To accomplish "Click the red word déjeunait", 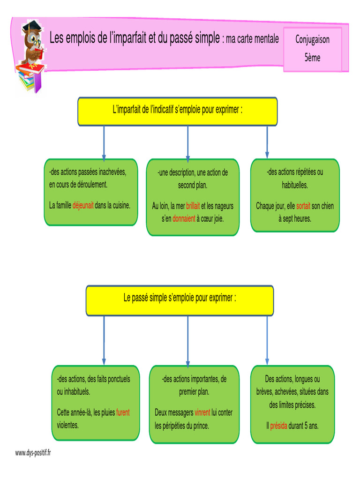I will (83, 205).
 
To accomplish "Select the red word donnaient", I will (184, 218).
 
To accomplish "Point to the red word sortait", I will (303, 206).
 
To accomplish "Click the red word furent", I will (123, 412).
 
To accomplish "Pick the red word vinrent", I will (202, 412).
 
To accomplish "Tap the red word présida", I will (278, 426).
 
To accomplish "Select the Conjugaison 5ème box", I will (312, 49).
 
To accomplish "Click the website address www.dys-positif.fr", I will (33, 453).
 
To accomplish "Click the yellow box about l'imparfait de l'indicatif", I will (177, 112).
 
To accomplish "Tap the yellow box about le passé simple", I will (180, 300).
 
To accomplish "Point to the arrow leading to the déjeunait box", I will (104, 143).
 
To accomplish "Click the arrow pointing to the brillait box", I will (187, 143).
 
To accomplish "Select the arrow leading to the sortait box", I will (267, 142).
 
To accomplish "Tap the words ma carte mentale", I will (252, 39).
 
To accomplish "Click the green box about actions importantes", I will (194, 404).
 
